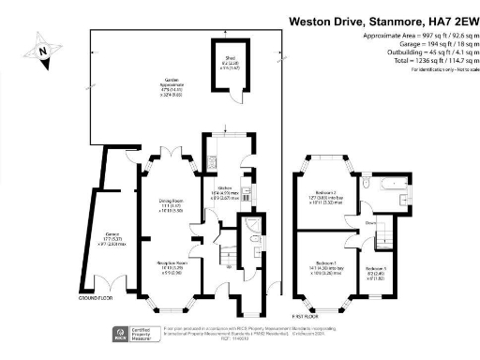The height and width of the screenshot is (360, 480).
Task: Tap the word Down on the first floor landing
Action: (371, 223)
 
